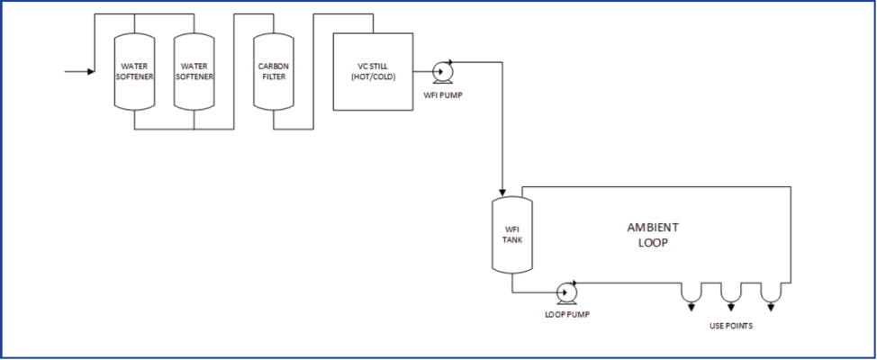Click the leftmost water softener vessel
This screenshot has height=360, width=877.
pos(134,71)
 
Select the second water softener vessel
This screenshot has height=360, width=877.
pos(194,71)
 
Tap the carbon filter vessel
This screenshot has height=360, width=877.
pos(274,71)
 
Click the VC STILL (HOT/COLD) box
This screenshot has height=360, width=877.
pos(373,71)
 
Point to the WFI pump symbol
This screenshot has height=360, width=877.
pos(442,72)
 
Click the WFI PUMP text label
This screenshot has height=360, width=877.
pos(443,94)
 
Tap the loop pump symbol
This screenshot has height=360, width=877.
pos(566,292)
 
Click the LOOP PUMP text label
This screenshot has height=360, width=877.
pos(568,314)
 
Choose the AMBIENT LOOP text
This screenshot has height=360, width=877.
pos(653,235)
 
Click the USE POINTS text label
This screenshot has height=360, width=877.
pos(729,326)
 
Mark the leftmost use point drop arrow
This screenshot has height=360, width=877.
pos(691,307)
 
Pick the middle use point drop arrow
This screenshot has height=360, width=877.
pos(730,307)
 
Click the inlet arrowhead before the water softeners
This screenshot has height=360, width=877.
pos(90,71)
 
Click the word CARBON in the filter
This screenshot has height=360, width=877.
pos(274,66)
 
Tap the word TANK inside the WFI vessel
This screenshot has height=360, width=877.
pos(511,240)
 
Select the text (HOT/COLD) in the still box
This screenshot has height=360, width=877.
pos(373,77)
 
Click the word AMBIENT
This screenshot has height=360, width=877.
pos(653,227)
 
